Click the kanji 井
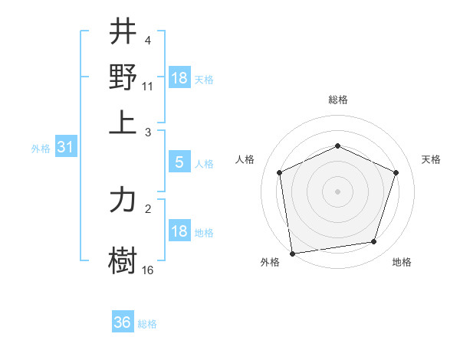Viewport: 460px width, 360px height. [x=123, y=33]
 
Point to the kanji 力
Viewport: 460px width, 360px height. [x=123, y=200]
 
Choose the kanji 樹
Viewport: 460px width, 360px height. [x=123, y=259]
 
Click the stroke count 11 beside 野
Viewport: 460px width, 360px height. [x=148, y=86]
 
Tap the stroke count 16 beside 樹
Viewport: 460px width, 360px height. [x=148, y=270]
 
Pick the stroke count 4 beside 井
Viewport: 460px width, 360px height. [x=148, y=40]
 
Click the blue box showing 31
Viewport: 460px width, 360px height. [x=65, y=148]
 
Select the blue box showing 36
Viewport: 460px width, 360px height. [x=123, y=322]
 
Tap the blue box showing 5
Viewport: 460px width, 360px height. [x=179, y=162]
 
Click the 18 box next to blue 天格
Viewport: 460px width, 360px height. [x=179, y=77]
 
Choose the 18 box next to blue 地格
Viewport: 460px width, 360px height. [x=179, y=231]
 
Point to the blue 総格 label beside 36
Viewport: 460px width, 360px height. [x=147, y=324]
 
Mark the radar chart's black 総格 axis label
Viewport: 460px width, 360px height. [x=337, y=100]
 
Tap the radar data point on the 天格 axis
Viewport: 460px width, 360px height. [x=396, y=172]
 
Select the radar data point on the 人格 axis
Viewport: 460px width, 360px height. [x=280, y=172]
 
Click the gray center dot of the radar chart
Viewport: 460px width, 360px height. [x=337, y=191]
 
